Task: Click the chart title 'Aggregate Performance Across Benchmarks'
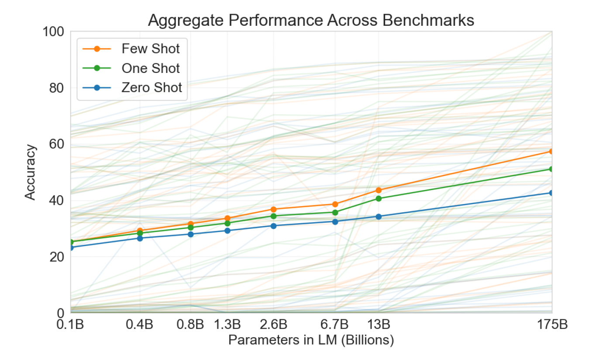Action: click(x=311, y=20)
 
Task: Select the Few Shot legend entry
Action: click(x=151, y=48)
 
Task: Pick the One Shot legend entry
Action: click(x=151, y=68)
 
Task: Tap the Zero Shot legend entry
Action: click(x=151, y=87)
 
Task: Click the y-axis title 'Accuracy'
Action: click(x=30, y=172)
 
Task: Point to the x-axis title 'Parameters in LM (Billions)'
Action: click(x=311, y=340)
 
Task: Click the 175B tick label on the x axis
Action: click(x=552, y=325)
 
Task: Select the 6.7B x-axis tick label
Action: click(x=335, y=325)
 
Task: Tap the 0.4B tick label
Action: click(x=140, y=325)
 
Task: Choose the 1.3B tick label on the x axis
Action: click(x=227, y=325)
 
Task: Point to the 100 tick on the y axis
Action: click(x=54, y=32)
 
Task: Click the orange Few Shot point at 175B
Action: click(x=551, y=151)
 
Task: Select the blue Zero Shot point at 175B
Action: click(x=551, y=193)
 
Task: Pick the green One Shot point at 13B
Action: click(x=379, y=198)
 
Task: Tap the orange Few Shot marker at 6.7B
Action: click(x=335, y=204)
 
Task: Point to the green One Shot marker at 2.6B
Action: click(x=274, y=216)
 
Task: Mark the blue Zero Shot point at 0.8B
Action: click(x=191, y=234)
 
